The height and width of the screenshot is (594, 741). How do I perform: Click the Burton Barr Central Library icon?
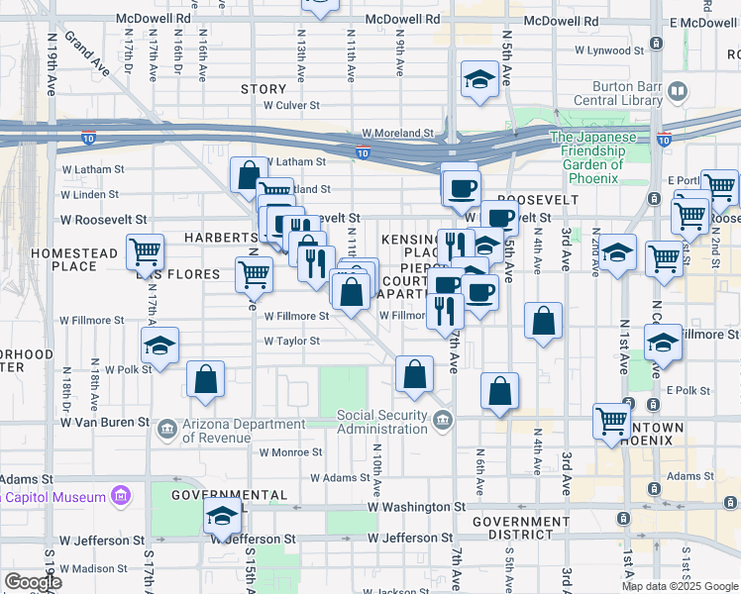click(678, 92)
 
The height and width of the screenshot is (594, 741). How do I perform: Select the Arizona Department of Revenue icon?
click(166, 429)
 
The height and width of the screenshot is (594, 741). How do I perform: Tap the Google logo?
click(33, 581)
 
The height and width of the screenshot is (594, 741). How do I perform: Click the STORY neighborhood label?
click(264, 89)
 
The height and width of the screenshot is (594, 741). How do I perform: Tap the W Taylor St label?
click(291, 341)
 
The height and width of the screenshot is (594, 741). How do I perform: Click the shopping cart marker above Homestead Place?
click(146, 251)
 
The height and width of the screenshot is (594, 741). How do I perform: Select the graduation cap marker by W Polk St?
click(159, 345)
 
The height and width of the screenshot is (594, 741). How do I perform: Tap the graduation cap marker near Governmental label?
click(222, 514)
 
